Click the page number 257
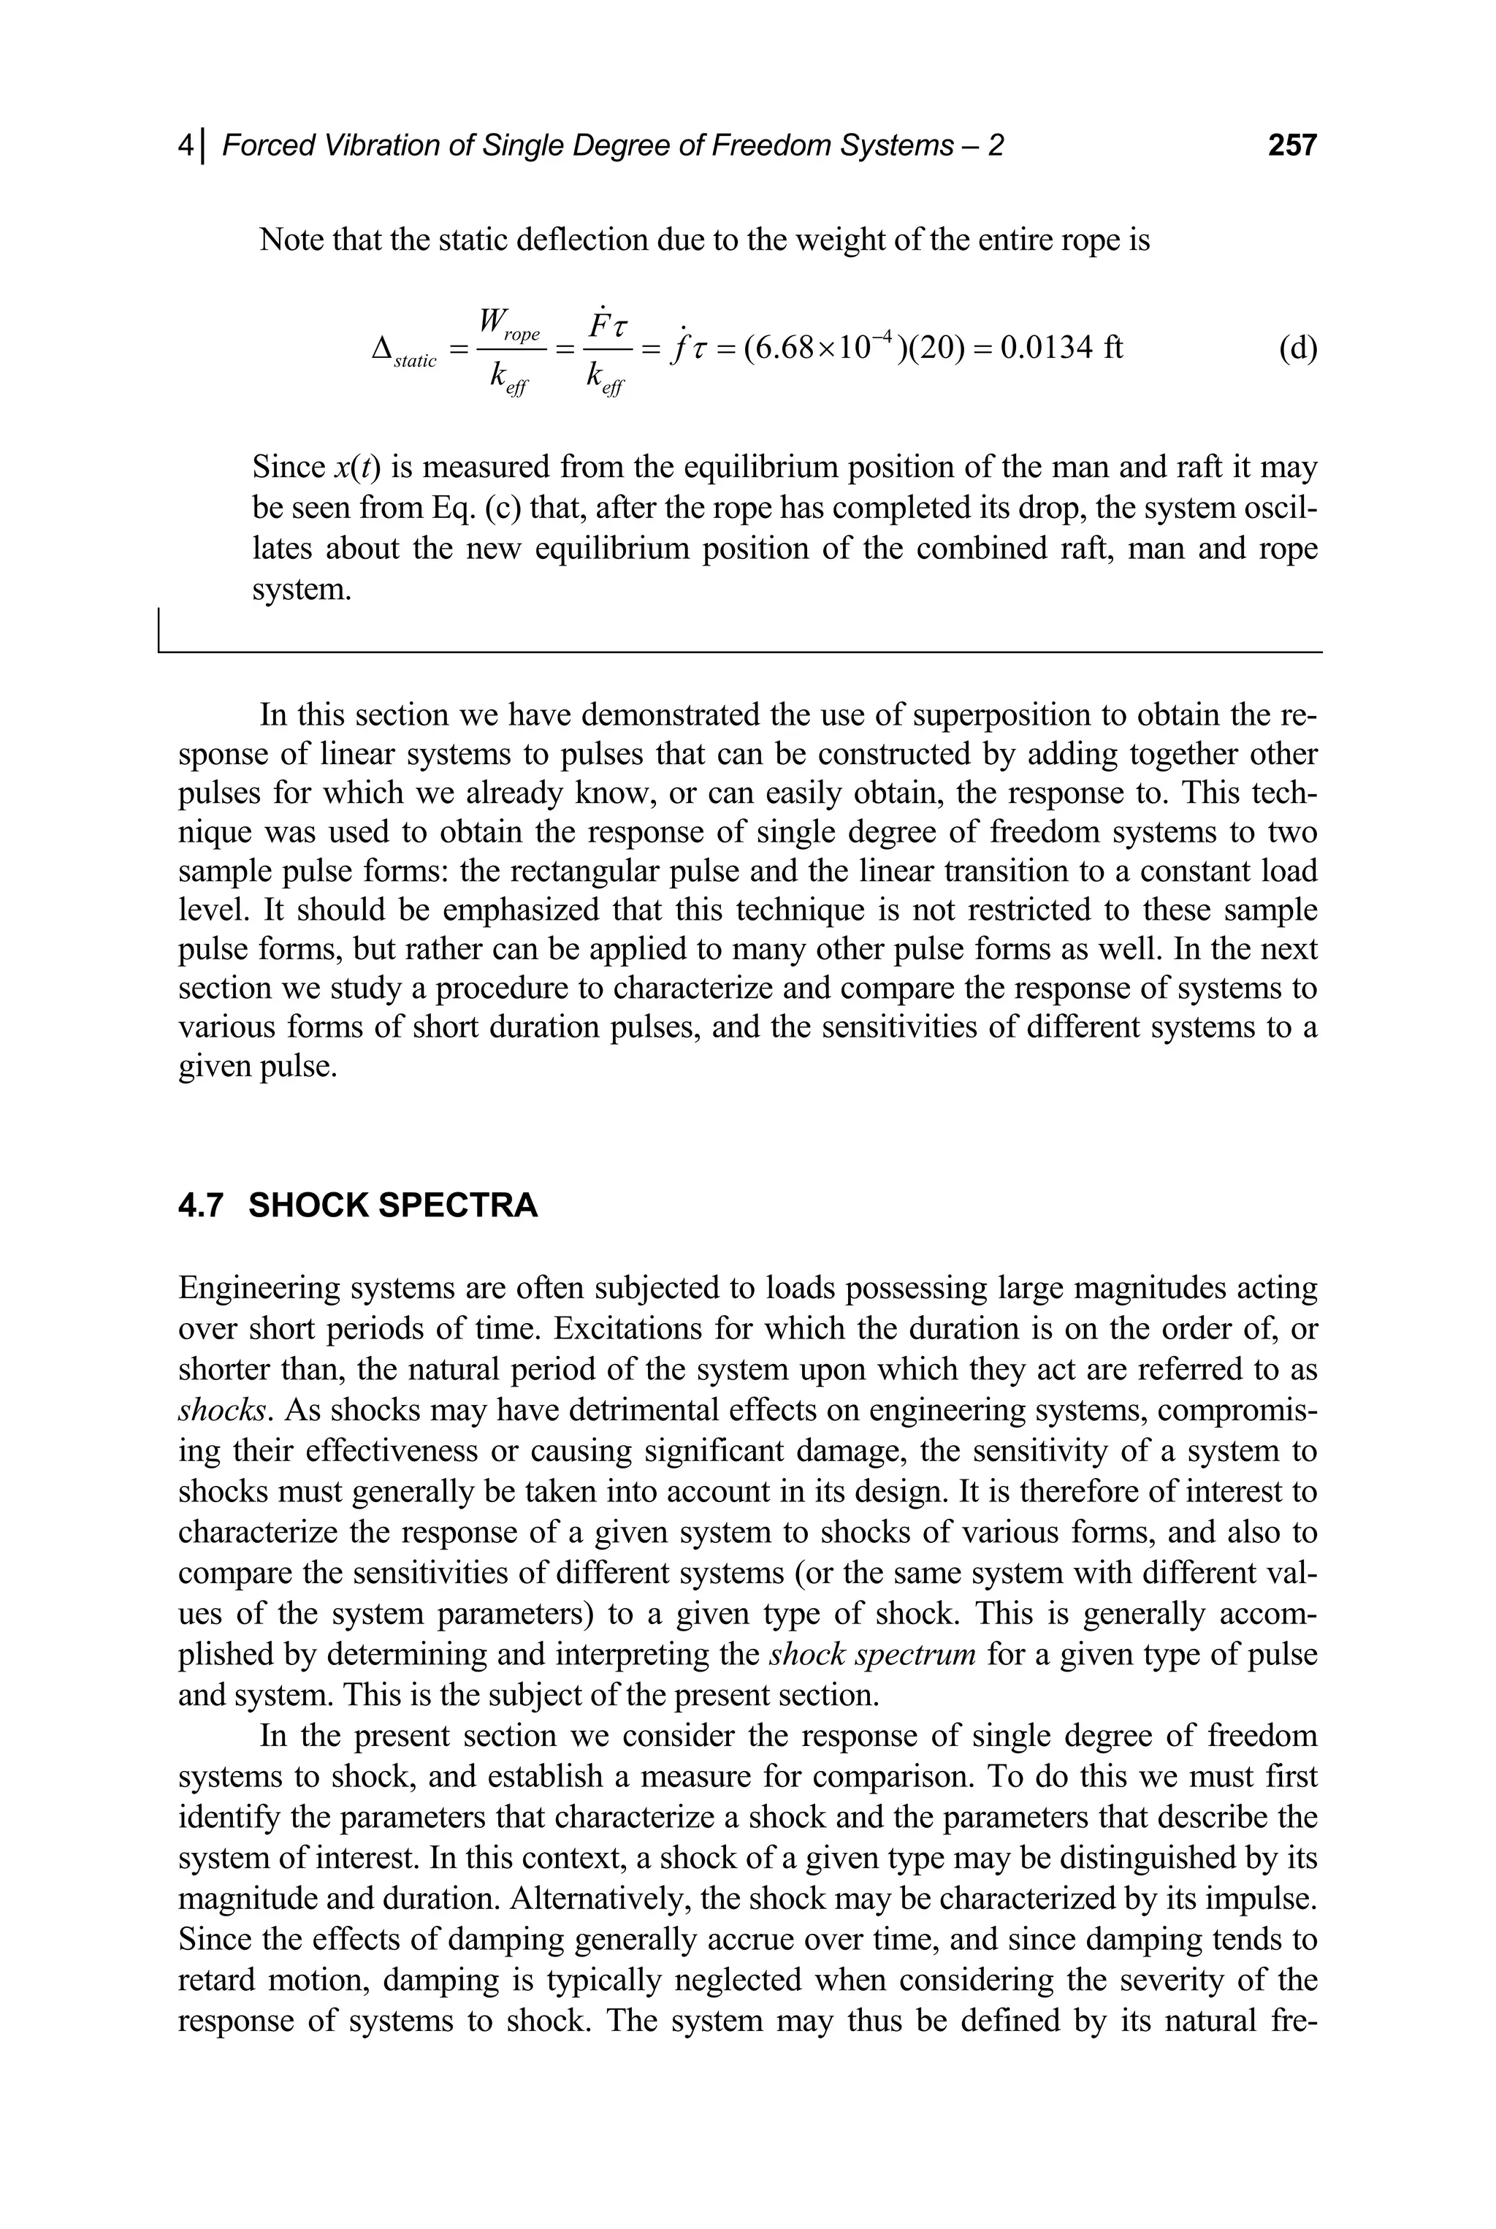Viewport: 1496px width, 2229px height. tap(1291, 145)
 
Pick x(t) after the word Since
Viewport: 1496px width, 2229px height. tap(358, 468)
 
